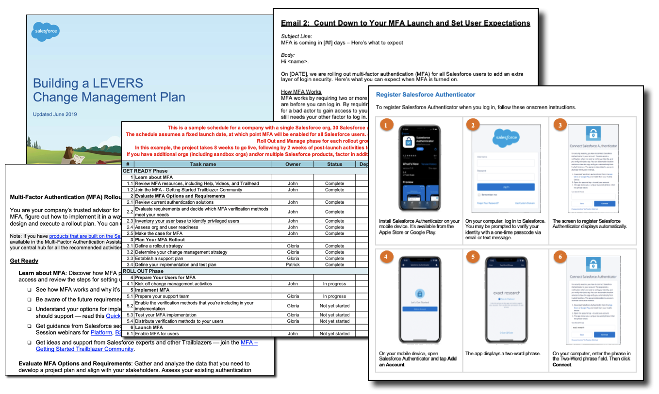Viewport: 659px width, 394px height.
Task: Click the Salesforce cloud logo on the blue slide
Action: (x=46, y=32)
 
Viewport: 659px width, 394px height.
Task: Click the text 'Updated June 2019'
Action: (x=55, y=115)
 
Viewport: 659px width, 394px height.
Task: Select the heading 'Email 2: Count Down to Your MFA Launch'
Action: (x=405, y=23)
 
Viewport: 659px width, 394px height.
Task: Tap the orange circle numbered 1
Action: (x=386, y=125)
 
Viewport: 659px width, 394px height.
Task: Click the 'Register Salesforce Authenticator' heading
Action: (x=426, y=95)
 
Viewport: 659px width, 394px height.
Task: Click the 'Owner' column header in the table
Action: (x=293, y=164)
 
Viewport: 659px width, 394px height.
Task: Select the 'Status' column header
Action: (x=334, y=164)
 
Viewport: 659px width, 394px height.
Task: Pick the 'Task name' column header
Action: (x=203, y=164)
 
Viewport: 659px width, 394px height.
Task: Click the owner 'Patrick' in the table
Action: (x=293, y=264)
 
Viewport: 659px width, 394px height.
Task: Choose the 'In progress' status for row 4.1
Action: (x=334, y=284)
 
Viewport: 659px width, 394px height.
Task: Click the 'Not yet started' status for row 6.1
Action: (x=334, y=334)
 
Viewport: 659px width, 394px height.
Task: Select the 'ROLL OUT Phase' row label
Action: (x=143, y=271)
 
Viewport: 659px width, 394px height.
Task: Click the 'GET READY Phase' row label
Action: (x=145, y=171)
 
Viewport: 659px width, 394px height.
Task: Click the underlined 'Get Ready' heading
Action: (x=24, y=261)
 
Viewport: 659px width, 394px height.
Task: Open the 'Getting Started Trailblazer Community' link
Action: (x=85, y=349)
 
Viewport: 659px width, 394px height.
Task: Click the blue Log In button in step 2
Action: (x=506, y=187)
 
